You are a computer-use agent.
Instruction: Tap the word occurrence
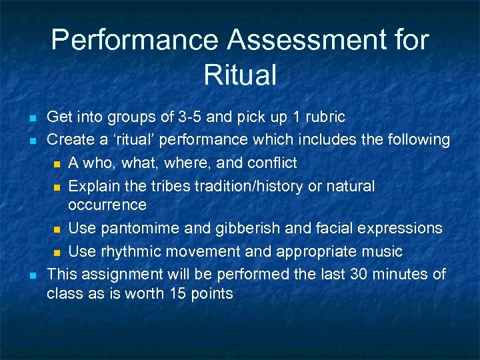107,204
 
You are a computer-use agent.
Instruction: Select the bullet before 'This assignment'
32,275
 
